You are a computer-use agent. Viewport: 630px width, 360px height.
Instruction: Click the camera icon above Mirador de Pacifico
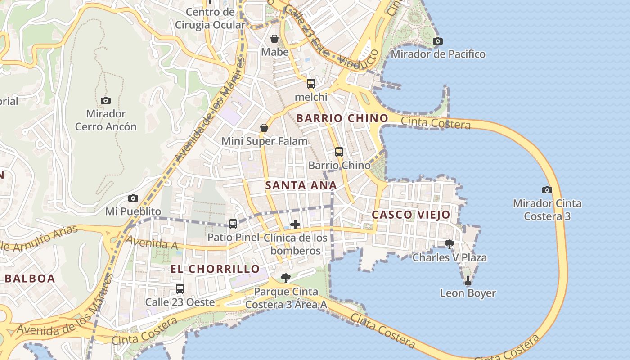[437, 41]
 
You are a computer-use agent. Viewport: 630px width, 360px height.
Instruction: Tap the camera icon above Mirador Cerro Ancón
[106, 100]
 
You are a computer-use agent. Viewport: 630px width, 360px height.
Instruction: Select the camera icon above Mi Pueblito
[133, 198]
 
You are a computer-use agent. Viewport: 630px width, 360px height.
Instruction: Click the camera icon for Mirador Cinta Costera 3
[547, 190]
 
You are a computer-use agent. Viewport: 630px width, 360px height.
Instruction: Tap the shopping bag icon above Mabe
[274, 39]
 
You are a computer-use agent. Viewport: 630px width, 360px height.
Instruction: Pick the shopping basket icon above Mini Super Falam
[264, 128]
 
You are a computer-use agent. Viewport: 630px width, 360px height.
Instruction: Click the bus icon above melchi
[311, 83]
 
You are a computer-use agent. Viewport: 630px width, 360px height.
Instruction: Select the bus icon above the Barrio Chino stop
[339, 152]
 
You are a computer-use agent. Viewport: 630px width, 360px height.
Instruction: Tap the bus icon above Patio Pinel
[233, 224]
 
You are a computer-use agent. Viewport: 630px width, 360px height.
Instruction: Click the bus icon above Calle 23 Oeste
[180, 288]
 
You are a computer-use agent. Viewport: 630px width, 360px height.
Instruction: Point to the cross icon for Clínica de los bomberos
[295, 224]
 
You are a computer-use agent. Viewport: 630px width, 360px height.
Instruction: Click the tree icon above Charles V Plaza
[449, 244]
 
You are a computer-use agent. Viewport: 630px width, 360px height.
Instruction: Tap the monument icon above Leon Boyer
[468, 280]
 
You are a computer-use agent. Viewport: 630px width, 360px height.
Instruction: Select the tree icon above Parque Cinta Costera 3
[285, 278]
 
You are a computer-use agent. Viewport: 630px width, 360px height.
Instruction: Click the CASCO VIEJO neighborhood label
[411, 215]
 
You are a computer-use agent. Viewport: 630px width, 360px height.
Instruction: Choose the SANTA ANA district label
[301, 185]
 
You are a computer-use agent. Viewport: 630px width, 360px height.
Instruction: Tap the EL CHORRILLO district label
[215, 269]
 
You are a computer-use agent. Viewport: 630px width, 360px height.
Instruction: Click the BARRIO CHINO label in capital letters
[342, 118]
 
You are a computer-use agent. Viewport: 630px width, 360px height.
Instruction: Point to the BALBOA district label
[30, 278]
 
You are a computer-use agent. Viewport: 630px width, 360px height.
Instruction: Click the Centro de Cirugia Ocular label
[210, 18]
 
